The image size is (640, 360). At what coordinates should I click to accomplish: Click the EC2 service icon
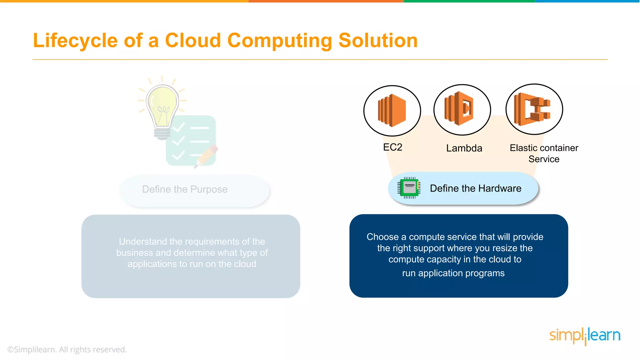tap(392, 111)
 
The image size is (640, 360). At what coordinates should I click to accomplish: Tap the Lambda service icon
tap(462, 110)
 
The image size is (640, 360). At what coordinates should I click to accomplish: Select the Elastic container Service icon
tap(534, 109)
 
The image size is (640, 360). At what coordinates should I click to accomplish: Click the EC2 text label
tap(392, 147)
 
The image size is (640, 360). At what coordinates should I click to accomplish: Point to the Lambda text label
tap(464, 148)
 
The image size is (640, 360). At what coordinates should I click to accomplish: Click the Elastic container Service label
tap(544, 153)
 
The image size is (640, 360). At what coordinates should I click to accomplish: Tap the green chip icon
tap(409, 188)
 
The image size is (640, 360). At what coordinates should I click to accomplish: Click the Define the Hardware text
tap(475, 188)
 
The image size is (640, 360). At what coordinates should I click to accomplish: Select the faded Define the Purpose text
tap(185, 189)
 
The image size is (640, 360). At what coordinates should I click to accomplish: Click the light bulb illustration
tap(162, 108)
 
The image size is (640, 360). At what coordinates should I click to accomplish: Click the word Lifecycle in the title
tap(75, 41)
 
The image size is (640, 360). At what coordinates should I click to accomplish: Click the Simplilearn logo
tap(585, 336)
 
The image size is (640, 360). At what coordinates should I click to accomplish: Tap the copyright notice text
tap(67, 349)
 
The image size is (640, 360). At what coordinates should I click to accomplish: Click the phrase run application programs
tap(453, 273)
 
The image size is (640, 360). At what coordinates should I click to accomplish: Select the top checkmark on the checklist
tap(178, 127)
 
